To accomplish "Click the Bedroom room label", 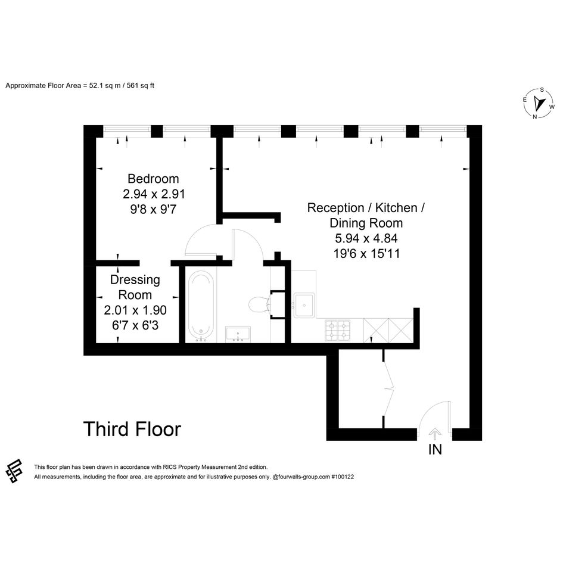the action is tap(153, 179).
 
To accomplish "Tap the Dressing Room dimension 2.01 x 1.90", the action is tap(135, 310).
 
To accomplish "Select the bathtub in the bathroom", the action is tap(201, 305).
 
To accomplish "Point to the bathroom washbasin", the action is tap(238, 334).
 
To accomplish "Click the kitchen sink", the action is tap(304, 305).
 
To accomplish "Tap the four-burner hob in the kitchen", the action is tap(338, 330).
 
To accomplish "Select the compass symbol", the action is tap(539, 103).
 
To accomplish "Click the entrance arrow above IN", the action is tap(435, 434).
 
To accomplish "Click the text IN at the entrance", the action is tap(435, 450).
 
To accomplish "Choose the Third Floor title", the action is tap(132, 429).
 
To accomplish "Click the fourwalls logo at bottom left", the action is tap(14, 471).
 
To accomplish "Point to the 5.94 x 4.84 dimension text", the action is tap(366, 238).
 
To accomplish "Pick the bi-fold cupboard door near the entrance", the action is tap(388, 389).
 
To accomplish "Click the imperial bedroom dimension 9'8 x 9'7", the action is tap(153, 209).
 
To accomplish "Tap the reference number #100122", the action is tap(343, 477).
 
